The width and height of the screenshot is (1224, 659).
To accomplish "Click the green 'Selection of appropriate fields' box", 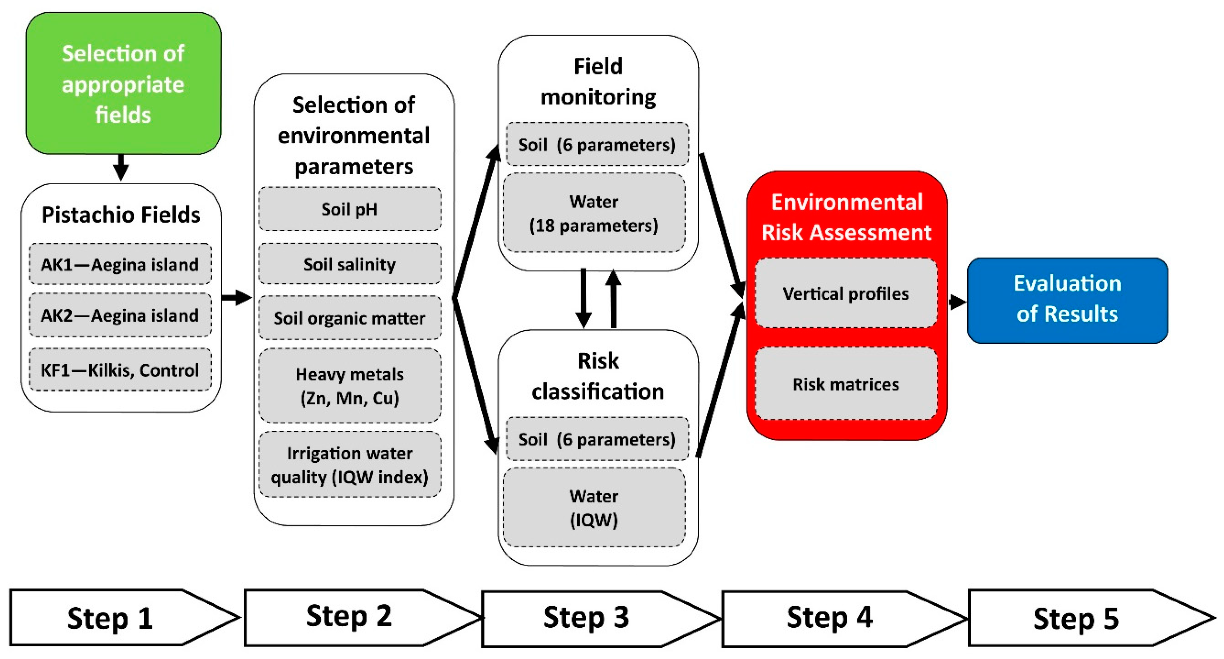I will [123, 83].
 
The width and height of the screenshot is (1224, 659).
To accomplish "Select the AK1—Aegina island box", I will [120, 264].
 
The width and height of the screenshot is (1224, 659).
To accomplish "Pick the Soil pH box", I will [350, 209].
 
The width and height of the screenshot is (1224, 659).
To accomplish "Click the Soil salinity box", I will [350, 264].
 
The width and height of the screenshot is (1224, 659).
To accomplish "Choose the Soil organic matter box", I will [350, 318].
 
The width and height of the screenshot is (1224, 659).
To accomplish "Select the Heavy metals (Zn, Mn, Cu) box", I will [350, 386].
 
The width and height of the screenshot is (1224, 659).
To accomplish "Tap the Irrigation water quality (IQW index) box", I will [350, 465].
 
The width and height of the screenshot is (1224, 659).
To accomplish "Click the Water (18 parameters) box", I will [594, 213].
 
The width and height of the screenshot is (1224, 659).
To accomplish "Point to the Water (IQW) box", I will [594, 507].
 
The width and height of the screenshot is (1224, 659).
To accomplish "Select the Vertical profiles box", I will [846, 293].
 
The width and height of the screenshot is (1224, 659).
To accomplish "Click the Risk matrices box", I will [846, 384].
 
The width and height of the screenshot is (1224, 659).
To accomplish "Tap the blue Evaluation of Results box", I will [1067, 300].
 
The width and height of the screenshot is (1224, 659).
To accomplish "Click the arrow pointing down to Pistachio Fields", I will [121, 168].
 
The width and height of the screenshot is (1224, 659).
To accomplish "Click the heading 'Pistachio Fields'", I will [121, 215].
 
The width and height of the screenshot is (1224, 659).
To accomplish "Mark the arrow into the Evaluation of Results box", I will [957, 301].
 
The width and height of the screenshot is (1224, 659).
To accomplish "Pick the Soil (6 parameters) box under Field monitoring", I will [597, 145].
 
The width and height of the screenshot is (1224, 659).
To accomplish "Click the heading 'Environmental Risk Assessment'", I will [847, 217].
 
